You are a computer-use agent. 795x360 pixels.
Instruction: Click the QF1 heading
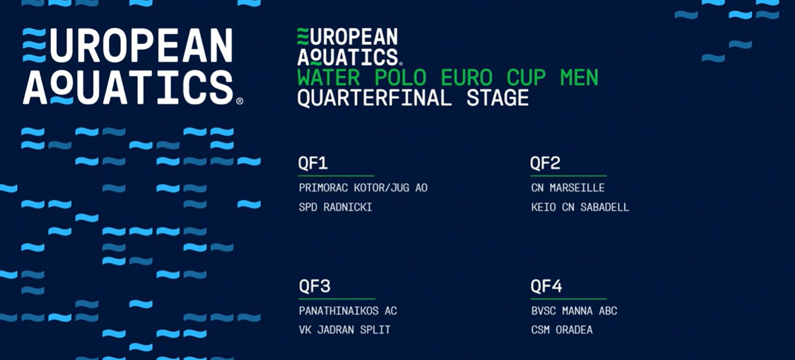pyautogui.click(x=313, y=163)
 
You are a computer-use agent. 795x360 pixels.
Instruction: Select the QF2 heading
pyautogui.click(x=545, y=163)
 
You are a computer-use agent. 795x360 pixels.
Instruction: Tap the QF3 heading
pyautogui.click(x=315, y=286)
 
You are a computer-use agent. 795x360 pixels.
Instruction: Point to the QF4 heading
pyautogui.click(x=546, y=286)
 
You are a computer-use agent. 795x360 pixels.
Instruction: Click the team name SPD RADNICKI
pyautogui.click(x=335, y=207)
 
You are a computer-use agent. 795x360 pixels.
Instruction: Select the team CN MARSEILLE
pyautogui.click(x=568, y=188)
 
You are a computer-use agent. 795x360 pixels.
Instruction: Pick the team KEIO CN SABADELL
pyautogui.click(x=580, y=207)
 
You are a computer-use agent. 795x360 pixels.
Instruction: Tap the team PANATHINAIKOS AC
pyautogui.click(x=348, y=311)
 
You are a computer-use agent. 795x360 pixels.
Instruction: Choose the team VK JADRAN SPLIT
pyautogui.click(x=345, y=330)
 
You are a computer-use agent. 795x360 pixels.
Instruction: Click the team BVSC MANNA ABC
pyautogui.click(x=574, y=311)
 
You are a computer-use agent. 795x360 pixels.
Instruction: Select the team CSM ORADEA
pyautogui.click(x=562, y=330)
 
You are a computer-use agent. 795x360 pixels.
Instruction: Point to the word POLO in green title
pyautogui.click(x=400, y=78)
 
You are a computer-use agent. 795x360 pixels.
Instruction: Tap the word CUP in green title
pyautogui.click(x=526, y=78)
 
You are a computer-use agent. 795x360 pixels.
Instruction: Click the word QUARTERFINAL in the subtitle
pyautogui.click(x=374, y=98)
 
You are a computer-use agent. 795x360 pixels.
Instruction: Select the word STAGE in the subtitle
pyautogui.click(x=498, y=98)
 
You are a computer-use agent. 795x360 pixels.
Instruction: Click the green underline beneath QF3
pyautogui.click(x=337, y=298)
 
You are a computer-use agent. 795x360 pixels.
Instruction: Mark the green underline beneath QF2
pyautogui.click(x=569, y=176)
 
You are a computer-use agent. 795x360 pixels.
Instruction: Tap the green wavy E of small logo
pyautogui.click(x=303, y=37)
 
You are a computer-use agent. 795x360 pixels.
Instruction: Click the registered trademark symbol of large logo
pyautogui.click(x=239, y=101)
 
